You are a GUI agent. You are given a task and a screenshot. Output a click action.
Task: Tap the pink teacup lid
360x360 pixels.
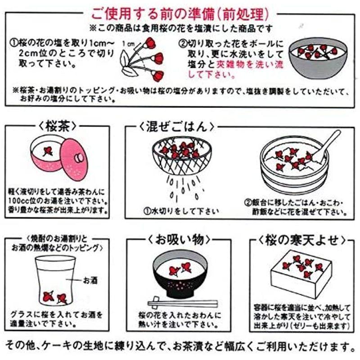(x=75, y=159)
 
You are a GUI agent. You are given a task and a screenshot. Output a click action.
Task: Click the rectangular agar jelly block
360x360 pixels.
(x=302, y=276)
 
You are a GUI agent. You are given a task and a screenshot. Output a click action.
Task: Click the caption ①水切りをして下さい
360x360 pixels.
(x=180, y=211)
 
